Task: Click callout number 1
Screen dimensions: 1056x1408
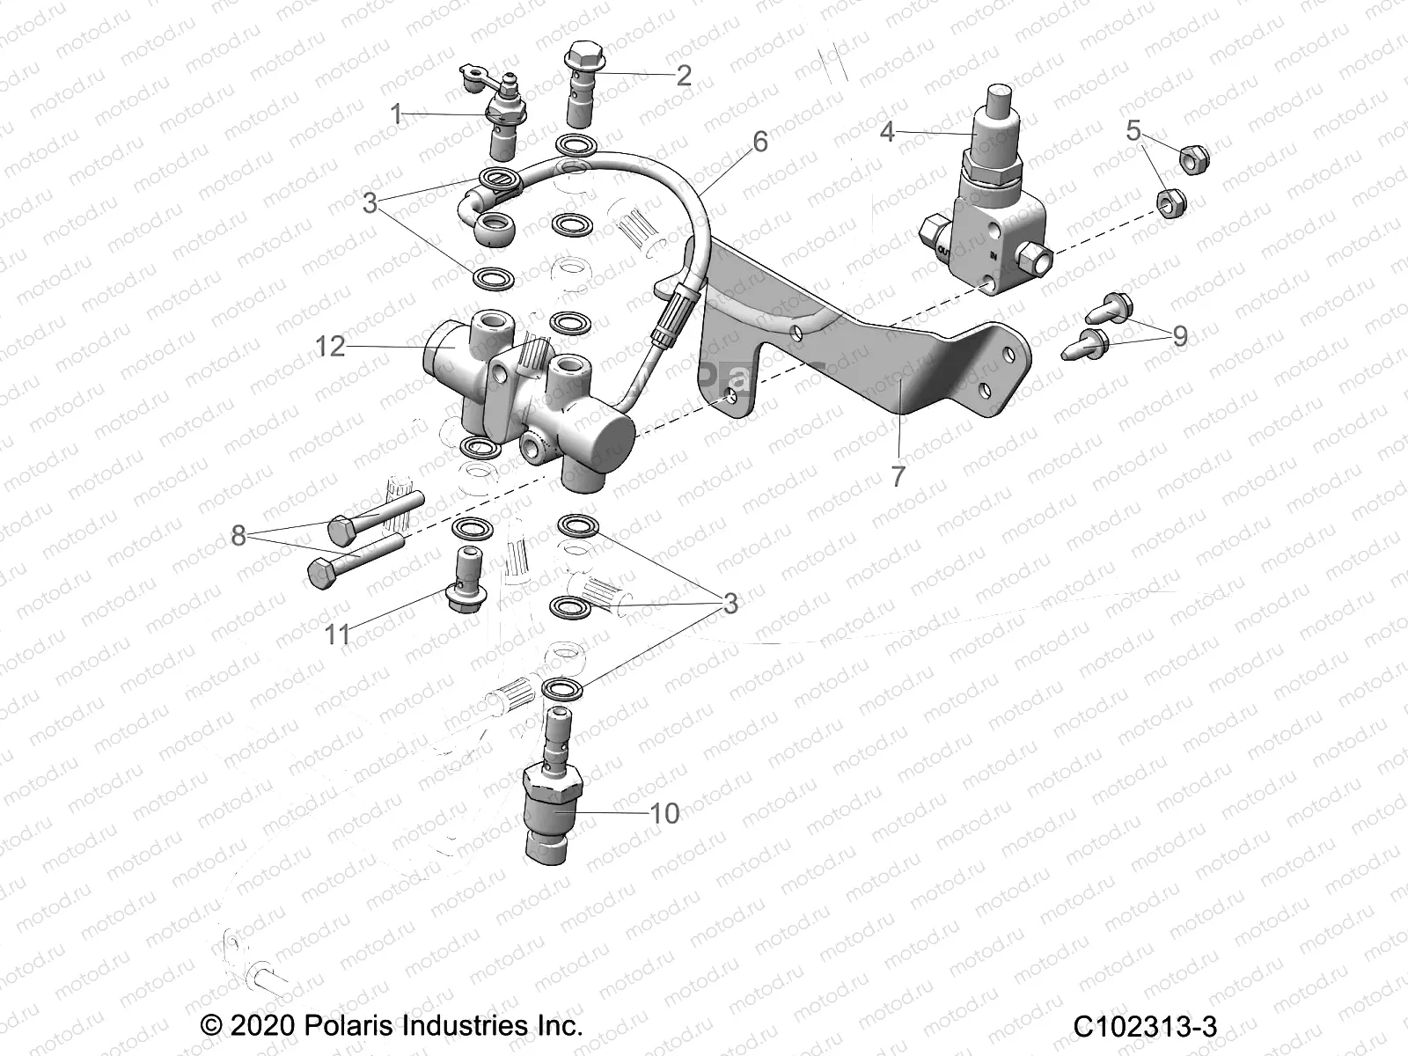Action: coord(397,114)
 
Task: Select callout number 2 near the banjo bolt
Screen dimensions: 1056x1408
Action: coord(683,76)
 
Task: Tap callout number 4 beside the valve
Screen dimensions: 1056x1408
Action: coord(887,132)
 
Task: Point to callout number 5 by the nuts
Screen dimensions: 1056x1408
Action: coord(1133,131)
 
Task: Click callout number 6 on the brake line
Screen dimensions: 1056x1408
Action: coord(759,141)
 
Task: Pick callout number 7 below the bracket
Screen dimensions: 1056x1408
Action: coord(898,476)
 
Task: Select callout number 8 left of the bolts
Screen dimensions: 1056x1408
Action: coord(238,534)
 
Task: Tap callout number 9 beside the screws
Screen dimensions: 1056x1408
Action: coord(1179,335)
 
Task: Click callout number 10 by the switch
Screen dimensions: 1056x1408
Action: coord(664,812)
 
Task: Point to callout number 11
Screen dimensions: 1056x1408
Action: coord(338,634)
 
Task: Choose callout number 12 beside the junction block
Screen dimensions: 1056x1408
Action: coord(331,347)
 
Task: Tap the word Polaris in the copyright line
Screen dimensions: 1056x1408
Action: coord(348,1026)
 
